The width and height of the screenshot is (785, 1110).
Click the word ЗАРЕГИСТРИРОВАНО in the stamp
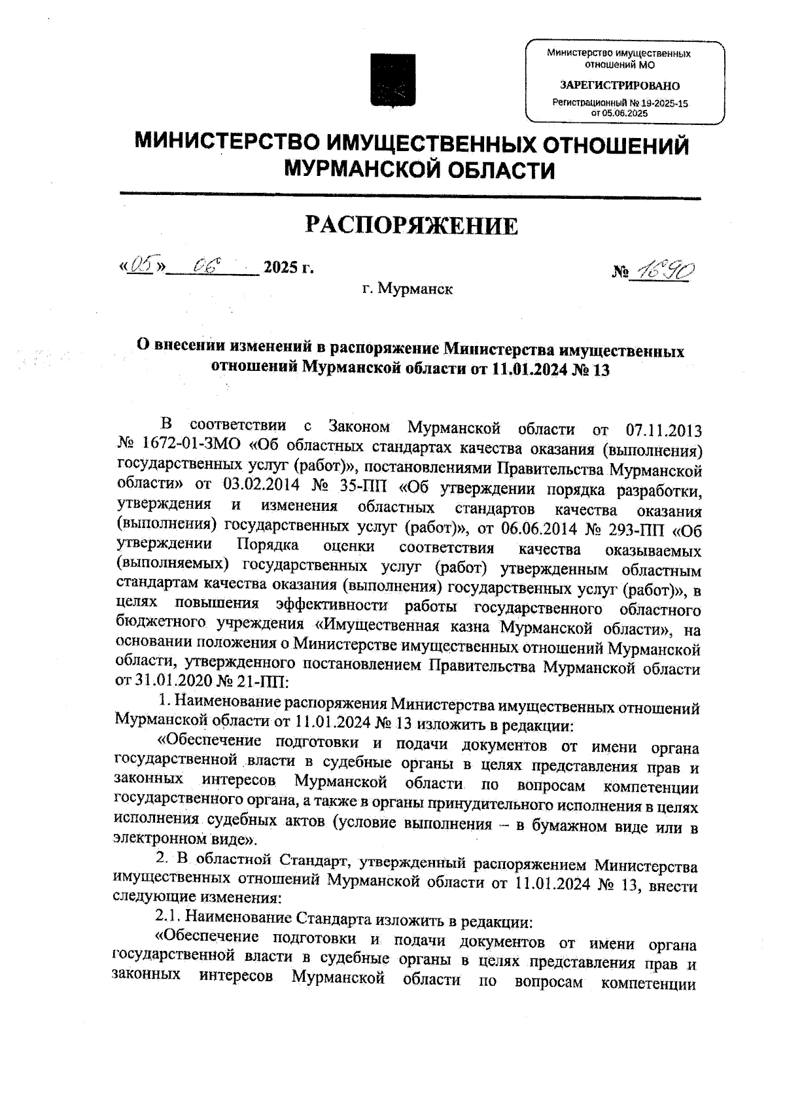tap(619, 86)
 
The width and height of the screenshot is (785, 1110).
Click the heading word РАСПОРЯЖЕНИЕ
tap(412, 226)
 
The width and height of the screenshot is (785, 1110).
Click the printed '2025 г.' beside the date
tap(288, 268)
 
